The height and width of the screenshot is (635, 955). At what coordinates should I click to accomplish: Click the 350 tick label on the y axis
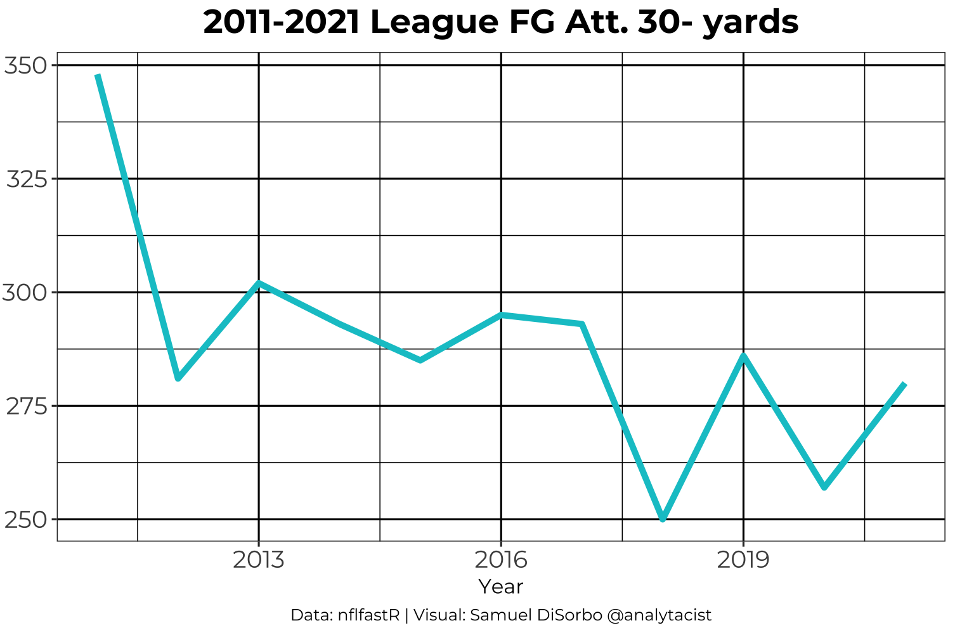pyautogui.click(x=26, y=65)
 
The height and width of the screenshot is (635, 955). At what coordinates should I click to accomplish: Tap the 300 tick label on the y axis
pyautogui.click(x=26, y=293)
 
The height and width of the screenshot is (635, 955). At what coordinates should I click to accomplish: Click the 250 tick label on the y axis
pyautogui.click(x=26, y=520)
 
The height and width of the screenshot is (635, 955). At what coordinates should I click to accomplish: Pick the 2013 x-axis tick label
pyautogui.click(x=258, y=560)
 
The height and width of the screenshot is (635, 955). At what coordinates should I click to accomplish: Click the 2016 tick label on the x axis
pyautogui.click(x=501, y=560)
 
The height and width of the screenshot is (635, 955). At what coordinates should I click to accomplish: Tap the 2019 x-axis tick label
pyautogui.click(x=743, y=560)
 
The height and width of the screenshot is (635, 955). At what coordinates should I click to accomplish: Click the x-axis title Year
pyautogui.click(x=501, y=587)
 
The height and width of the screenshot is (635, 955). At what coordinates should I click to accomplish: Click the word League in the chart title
pyautogui.click(x=432, y=23)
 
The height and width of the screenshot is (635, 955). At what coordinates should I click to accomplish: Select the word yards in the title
pyautogui.click(x=751, y=23)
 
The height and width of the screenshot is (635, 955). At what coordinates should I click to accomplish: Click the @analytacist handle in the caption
pyautogui.click(x=659, y=615)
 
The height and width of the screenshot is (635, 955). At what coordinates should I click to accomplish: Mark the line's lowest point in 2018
pyautogui.click(x=663, y=519)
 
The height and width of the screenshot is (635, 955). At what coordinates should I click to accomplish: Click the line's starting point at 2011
pyautogui.click(x=98, y=75)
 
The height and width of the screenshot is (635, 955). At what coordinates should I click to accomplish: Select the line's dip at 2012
pyautogui.click(x=178, y=378)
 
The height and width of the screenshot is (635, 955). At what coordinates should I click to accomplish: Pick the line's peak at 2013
pyautogui.click(x=259, y=283)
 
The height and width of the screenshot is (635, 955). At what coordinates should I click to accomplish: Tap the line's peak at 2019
pyautogui.click(x=743, y=356)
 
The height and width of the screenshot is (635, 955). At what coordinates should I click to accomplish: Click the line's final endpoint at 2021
pyautogui.click(x=904, y=383)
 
